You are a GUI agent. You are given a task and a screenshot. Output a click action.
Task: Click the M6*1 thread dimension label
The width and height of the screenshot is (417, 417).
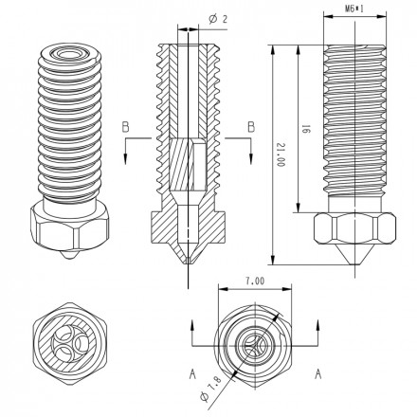point(354,9)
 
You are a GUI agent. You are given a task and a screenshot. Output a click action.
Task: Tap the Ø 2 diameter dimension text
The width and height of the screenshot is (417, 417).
point(218,19)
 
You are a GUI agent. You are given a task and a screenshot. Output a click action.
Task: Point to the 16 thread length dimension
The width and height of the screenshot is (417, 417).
point(305,129)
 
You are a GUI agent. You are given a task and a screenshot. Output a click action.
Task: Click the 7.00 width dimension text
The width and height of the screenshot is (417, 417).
point(255,281)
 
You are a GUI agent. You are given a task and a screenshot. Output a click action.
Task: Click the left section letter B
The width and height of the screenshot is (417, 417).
point(125,127)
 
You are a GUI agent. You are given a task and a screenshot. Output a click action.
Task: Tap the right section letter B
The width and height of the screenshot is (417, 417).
point(251,127)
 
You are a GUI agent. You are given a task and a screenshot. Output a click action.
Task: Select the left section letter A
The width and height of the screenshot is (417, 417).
point(192,374)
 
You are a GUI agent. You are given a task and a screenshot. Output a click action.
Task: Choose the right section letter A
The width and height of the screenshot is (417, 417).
point(317,374)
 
